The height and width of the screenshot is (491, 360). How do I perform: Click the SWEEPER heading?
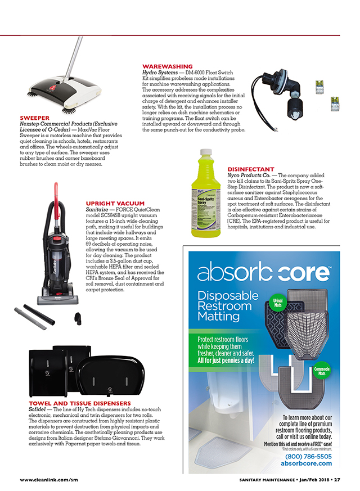pyautogui.click(x=35, y=118)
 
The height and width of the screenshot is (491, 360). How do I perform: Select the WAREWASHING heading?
pyautogui.click(x=168, y=66)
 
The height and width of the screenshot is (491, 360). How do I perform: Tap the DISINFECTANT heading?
pyautogui.click(x=251, y=169)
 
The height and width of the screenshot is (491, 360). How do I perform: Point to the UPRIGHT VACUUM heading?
pyautogui.click(x=115, y=203)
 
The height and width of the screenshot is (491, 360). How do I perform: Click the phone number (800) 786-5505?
pyautogui.click(x=308, y=457)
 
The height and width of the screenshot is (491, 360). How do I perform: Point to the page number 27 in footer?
pyautogui.click(x=336, y=480)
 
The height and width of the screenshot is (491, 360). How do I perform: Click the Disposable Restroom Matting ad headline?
pyautogui.click(x=226, y=306)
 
